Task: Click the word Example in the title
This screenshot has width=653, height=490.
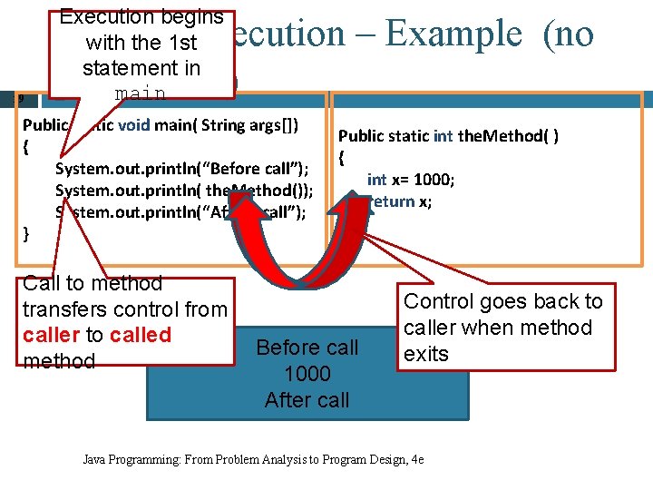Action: tap(453, 34)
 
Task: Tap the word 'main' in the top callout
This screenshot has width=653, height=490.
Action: tap(140, 93)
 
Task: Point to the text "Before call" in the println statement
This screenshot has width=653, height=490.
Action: tap(254, 168)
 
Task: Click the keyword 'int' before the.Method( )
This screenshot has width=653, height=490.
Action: tap(443, 136)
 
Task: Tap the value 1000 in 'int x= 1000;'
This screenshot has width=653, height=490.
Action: tap(433, 180)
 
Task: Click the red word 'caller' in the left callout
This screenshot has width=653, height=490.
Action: tap(51, 335)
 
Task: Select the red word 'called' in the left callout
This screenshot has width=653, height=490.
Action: tap(140, 335)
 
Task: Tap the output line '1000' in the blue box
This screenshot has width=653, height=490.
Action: tap(307, 374)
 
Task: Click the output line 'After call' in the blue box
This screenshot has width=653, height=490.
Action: tap(307, 400)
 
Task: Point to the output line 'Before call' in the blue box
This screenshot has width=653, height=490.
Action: tap(307, 348)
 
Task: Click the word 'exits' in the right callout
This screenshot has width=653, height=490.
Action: tap(426, 353)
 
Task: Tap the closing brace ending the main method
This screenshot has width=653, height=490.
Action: tap(26, 233)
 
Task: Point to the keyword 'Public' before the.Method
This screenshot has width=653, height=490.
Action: tap(361, 136)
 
